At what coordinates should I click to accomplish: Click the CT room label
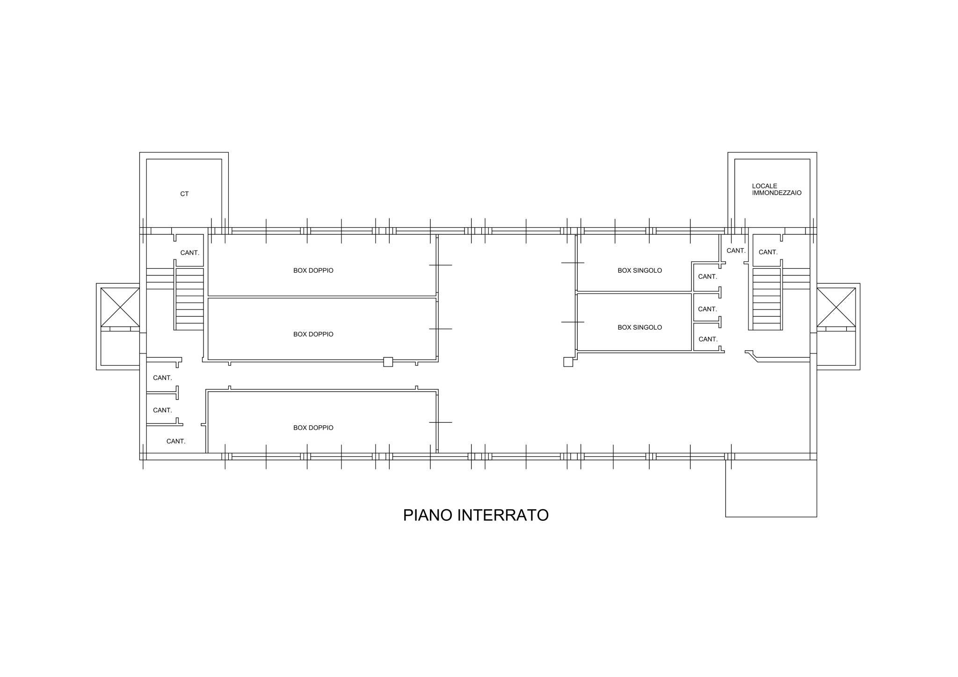(184, 194)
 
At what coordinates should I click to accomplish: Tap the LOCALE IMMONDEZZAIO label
(777, 189)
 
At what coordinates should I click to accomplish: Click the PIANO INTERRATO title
(476, 515)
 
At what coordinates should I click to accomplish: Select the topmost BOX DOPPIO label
(313, 271)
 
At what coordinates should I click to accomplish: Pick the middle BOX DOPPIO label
(313, 334)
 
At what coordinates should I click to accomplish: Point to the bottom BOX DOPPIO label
(313, 428)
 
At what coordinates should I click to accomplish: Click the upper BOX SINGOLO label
(640, 271)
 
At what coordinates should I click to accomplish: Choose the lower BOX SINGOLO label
(640, 328)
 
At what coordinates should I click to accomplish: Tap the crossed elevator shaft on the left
(120, 307)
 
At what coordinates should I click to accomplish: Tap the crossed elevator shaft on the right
(836, 307)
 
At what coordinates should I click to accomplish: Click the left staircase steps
(189, 299)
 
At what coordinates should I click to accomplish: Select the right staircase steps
(767, 299)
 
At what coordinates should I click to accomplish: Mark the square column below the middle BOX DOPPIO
(388, 362)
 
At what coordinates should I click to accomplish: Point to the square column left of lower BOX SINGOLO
(568, 362)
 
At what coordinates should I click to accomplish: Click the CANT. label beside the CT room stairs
(190, 253)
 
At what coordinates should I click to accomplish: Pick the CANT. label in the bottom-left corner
(176, 441)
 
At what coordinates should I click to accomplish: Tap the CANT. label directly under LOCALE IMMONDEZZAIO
(768, 252)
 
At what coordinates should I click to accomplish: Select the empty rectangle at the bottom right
(771, 488)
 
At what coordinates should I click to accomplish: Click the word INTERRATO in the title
(503, 515)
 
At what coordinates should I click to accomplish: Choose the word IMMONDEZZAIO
(777, 193)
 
